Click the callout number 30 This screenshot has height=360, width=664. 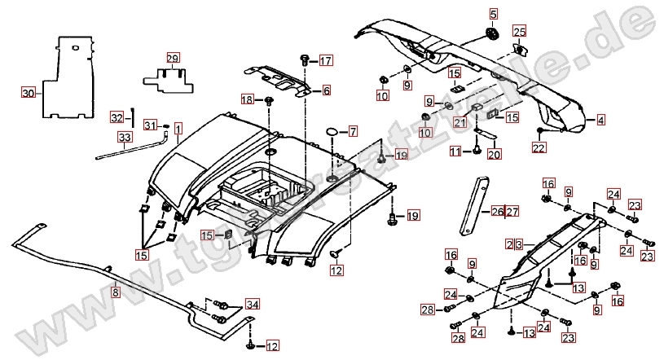[x=28, y=93]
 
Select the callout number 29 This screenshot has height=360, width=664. [x=172, y=58]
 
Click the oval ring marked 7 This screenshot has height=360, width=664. [x=332, y=131]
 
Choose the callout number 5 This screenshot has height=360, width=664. [x=492, y=13]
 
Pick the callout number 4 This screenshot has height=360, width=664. [x=600, y=121]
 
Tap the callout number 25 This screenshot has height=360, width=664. [x=519, y=31]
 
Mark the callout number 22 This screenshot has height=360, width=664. [x=539, y=147]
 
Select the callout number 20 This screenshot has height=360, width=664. [x=494, y=153]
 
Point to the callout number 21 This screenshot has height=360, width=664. [x=460, y=123]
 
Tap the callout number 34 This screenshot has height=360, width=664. [x=252, y=305]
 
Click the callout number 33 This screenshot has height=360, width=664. [x=123, y=136]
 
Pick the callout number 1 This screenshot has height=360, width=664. [x=178, y=128]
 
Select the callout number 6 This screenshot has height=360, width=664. [x=326, y=90]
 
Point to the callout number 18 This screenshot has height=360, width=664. [x=247, y=99]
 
